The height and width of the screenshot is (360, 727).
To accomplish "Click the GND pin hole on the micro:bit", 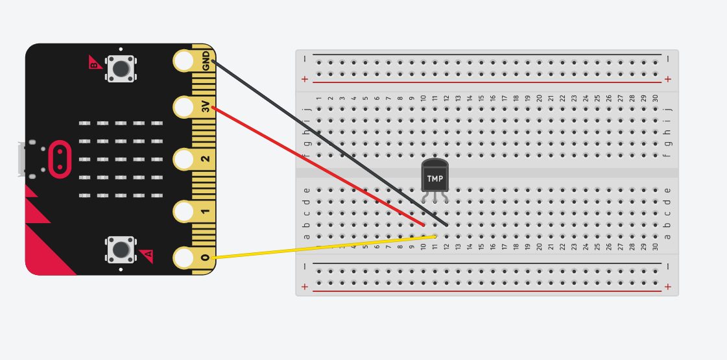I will point(184,61).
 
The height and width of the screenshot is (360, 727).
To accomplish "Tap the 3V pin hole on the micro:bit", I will point(184,106).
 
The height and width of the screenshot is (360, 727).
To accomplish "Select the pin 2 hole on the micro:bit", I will point(184,159).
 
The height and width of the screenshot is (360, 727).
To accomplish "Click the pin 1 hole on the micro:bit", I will point(184,211).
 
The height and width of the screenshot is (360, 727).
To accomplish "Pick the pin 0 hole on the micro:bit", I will point(184,258).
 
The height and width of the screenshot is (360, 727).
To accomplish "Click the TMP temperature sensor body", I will point(435,176).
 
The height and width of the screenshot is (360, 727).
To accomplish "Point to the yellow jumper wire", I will point(324,247).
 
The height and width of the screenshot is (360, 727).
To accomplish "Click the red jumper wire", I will point(318,166).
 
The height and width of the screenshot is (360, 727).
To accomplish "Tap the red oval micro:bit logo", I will point(60,159).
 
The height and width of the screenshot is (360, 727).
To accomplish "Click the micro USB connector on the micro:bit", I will point(23,159).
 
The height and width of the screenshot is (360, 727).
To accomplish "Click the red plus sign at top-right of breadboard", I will point(667,79).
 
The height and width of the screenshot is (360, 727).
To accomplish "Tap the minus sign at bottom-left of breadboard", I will point(305,267).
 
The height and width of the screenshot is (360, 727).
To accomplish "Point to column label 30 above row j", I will point(656,98).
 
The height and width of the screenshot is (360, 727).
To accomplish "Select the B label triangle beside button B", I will point(95,63).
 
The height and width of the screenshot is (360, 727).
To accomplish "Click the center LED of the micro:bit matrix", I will point(121,159).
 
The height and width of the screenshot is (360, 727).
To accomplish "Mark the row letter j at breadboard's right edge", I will point(668,108).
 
